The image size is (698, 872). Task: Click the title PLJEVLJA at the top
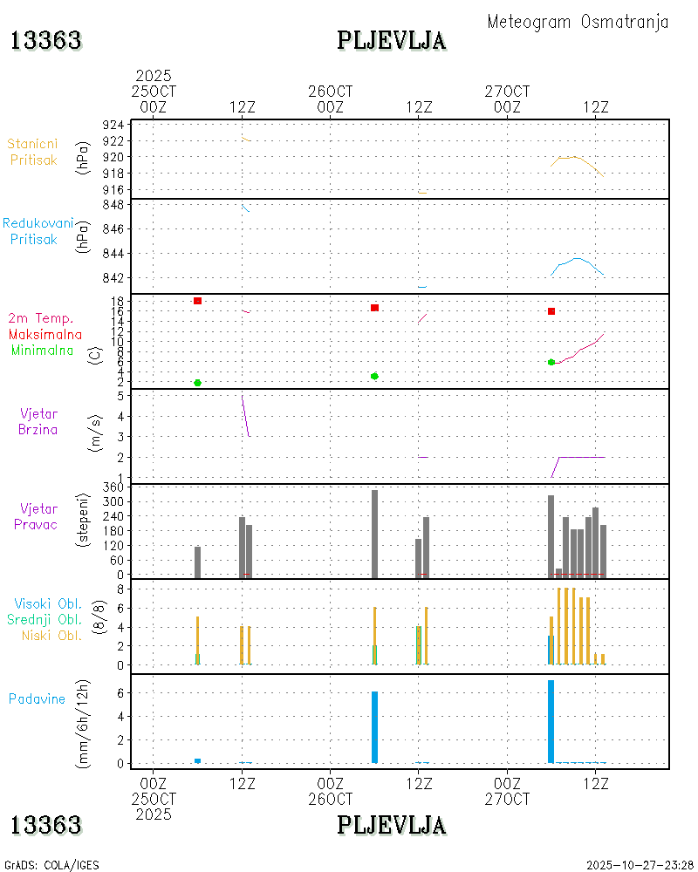(392, 40)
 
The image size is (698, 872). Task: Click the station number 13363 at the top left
(45, 40)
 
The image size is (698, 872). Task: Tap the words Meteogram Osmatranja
(578, 22)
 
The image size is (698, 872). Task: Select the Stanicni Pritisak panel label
(33, 152)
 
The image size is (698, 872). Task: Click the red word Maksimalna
(45, 334)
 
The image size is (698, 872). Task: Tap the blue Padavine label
(37, 698)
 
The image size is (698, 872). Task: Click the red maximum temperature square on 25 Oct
(198, 301)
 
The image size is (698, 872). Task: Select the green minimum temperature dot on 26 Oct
(374, 376)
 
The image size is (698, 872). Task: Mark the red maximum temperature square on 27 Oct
(551, 311)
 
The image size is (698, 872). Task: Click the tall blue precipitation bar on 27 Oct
(551, 721)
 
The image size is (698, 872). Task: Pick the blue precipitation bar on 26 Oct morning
(374, 727)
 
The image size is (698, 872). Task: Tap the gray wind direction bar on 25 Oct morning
(198, 562)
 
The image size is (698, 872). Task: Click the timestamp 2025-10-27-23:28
(640, 865)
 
